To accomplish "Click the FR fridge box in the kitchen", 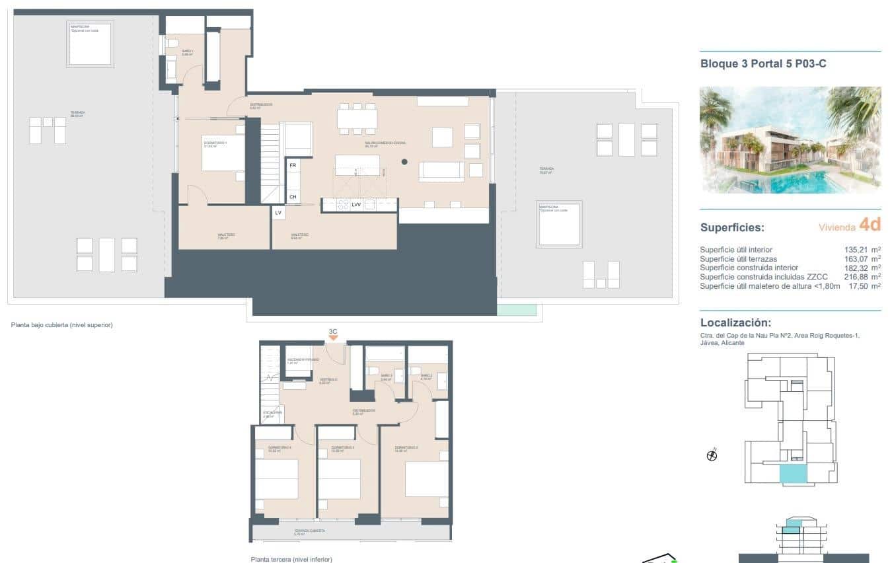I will click(x=293, y=165).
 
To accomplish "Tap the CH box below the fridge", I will click(x=293, y=196).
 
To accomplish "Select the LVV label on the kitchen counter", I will click(x=356, y=205).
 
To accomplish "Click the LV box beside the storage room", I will click(x=278, y=213).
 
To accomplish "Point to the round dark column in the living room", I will click(x=404, y=161).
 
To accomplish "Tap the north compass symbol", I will click(x=712, y=455).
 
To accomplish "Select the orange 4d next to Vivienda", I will click(x=870, y=225).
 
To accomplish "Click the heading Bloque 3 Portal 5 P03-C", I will click(x=763, y=64).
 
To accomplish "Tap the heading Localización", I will click(x=735, y=322).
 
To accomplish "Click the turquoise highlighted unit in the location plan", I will click(x=793, y=473).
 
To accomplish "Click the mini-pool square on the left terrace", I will click(x=90, y=44).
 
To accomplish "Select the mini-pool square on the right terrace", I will click(x=559, y=223).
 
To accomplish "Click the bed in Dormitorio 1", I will click(x=223, y=153).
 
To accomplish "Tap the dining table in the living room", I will click(x=357, y=118).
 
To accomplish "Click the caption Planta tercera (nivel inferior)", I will click(x=291, y=559).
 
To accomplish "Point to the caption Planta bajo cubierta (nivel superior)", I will click(x=62, y=324).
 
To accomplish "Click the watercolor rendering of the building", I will click(x=790, y=139).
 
